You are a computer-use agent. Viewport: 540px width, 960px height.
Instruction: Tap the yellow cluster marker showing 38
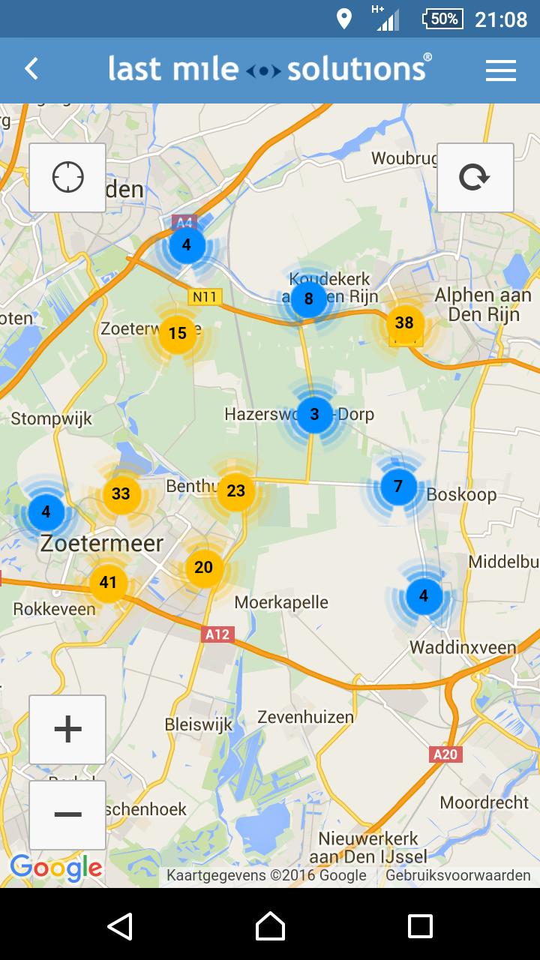pos(404,323)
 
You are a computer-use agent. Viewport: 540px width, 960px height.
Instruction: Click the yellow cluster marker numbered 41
pos(108,583)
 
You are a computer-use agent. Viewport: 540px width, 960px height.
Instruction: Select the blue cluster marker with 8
pos(308,300)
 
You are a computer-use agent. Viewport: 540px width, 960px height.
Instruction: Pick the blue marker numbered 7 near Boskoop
pos(398,487)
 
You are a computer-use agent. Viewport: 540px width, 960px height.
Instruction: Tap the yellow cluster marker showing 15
pos(178,333)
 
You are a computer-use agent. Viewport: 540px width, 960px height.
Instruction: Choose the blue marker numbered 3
pos(314,414)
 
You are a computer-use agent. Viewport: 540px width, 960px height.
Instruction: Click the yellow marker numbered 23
pos(235,491)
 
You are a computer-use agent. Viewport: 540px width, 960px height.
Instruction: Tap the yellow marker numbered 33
pos(121,493)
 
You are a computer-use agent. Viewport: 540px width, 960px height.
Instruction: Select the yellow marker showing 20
pos(204,568)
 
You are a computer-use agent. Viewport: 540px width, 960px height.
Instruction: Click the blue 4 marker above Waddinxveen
pos(424,596)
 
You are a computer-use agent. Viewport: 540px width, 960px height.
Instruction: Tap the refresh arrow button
pos(475,178)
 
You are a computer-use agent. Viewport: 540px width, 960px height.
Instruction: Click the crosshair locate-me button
pos(67,178)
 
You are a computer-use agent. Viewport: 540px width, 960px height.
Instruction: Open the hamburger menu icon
pos(500,70)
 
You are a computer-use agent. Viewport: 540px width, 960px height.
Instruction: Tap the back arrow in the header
pos(31,69)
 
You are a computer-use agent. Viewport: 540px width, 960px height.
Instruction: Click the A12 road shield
pos(217,635)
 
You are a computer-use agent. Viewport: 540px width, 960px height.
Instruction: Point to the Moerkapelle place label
pos(281,602)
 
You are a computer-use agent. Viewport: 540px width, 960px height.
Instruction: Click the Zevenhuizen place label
pos(305,717)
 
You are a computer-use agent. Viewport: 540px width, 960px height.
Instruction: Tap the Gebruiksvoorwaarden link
pos(457,875)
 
